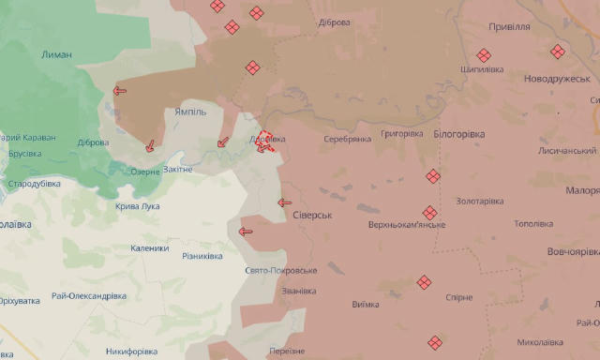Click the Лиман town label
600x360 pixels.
[56, 54]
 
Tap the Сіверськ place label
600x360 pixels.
[314, 215]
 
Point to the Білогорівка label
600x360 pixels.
[459, 134]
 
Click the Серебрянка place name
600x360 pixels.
[347, 139]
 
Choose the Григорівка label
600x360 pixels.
[403, 134]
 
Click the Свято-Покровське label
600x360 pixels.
[280, 270]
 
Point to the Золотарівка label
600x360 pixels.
[480, 201]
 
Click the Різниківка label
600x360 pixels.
[202, 256]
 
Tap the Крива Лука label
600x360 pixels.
[137, 206]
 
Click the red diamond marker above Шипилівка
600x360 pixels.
[484, 54]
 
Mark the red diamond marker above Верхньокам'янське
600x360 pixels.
[429, 213]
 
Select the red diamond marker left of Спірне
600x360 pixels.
[424, 281]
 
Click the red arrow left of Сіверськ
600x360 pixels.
[285, 202]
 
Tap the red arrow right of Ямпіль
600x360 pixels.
[222, 142]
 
